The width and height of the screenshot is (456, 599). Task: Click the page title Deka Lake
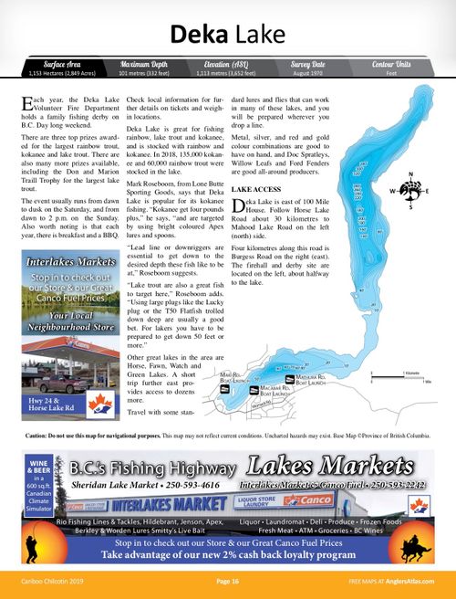pyautogui.click(x=228, y=35)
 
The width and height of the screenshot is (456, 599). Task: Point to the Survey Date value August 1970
pyautogui.click(x=307, y=73)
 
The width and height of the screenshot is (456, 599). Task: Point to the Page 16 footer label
pyautogui.click(x=228, y=581)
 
